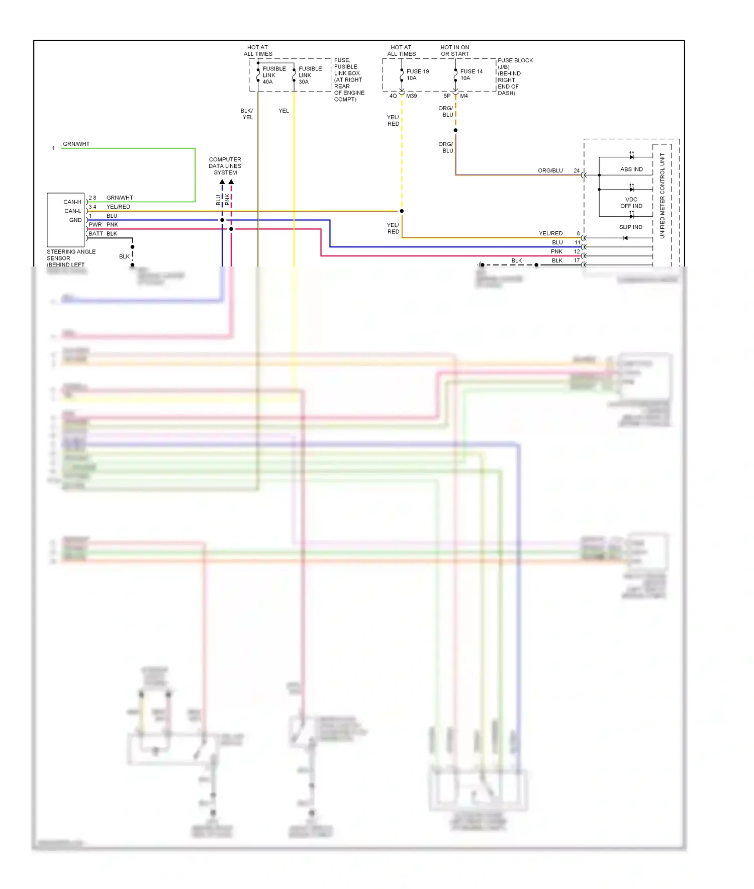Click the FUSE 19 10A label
pyautogui.click(x=417, y=74)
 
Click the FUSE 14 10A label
pyautogui.click(x=471, y=74)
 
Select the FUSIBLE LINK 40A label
pyautogui.click(x=274, y=75)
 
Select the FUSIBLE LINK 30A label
pyautogui.click(x=310, y=75)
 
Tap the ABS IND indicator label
pyautogui.click(x=631, y=169)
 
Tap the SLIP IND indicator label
pyautogui.click(x=630, y=227)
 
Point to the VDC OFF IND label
pyautogui.click(x=631, y=203)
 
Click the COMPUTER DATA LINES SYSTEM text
pyautogui.click(x=225, y=166)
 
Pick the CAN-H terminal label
pyautogui.click(x=72, y=202)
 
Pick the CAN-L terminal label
pyautogui.click(x=72, y=211)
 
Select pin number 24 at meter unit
pyautogui.click(x=577, y=171)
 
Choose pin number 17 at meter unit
pyautogui.click(x=577, y=260)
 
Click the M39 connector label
pyautogui.click(x=411, y=96)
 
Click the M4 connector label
pyautogui.click(x=463, y=96)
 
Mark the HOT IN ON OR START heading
pyautogui.click(x=455, y=51)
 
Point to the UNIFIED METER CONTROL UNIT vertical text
pyautogui.click(x=662, y=196)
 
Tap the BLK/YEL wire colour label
pyautogui.click(x=247, y=114)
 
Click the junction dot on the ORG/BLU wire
pyautogui.click(x=455, y=130)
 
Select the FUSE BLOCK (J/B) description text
pyautogui.click(x=515, y=76)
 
